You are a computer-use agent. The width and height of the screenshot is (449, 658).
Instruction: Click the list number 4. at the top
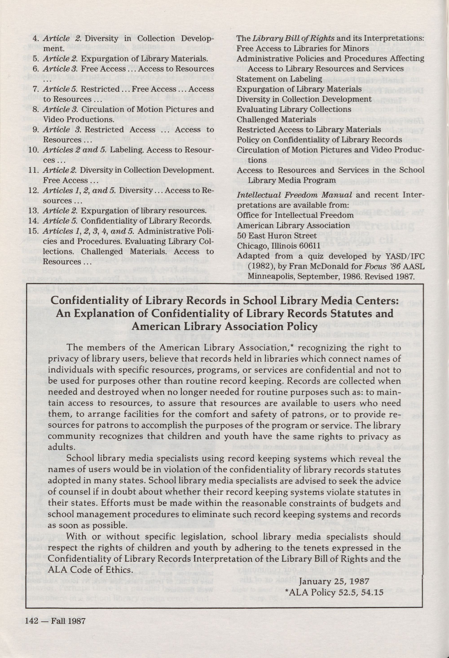pyautogui.click(x=36, y=39)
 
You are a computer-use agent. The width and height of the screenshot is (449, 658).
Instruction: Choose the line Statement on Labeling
pyautogui.click(x=279, y=79)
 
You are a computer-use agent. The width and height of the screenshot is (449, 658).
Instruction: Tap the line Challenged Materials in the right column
pyautogui.click(x=276, y=119)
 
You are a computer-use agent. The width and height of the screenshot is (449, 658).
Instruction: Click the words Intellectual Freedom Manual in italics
pyautogui.click(x=294, y=195)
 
